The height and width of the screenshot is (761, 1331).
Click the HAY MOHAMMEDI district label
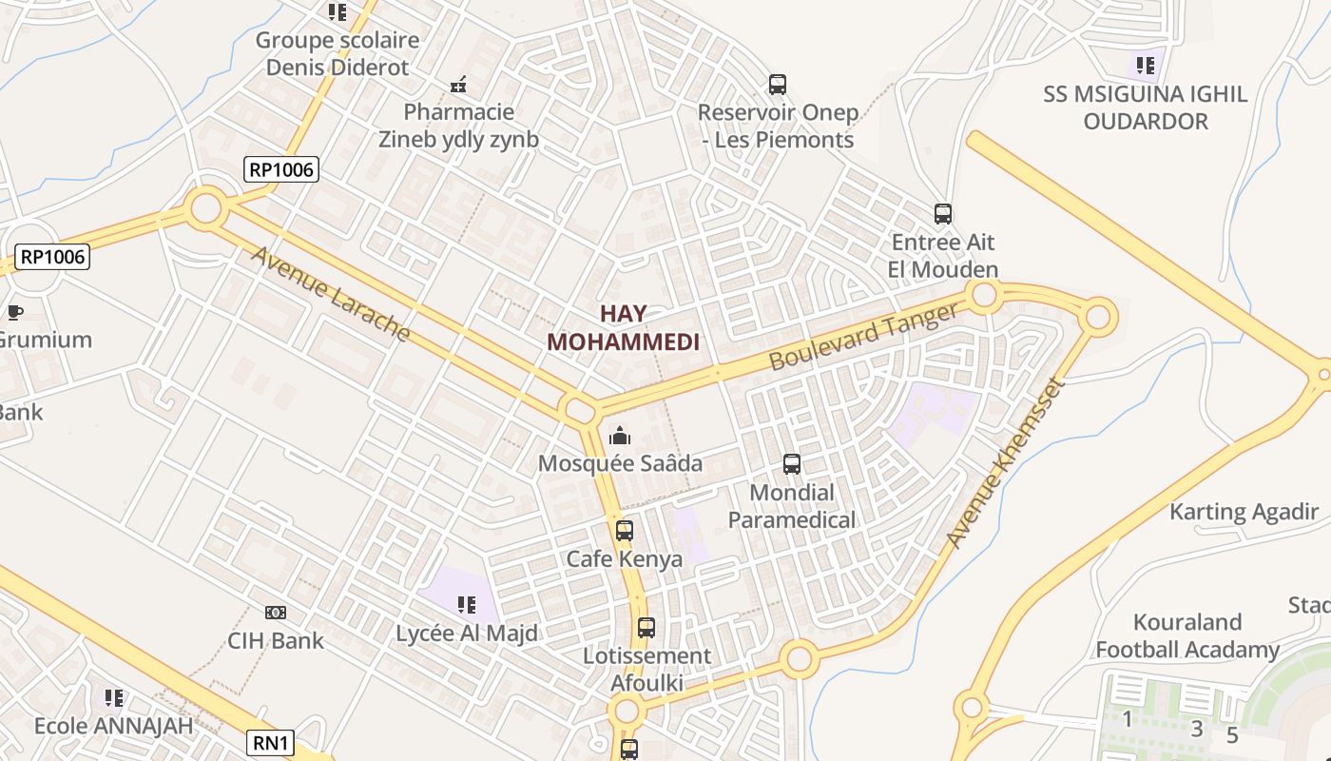point(623,328)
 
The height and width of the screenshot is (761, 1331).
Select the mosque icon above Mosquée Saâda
point(620,436)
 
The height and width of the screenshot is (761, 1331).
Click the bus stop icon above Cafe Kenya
point(625,531)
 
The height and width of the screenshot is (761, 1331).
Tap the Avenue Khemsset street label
point(1002,463)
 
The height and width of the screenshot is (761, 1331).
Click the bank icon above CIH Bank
point(276,613)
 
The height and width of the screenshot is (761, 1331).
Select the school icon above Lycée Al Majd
point(466,605)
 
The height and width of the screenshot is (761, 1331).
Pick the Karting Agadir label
point(1244,512)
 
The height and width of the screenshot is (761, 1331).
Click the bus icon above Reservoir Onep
point(778,85)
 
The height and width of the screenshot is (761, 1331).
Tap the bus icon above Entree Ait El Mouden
point(943,214)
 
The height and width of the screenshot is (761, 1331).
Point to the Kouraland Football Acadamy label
point(1187,636)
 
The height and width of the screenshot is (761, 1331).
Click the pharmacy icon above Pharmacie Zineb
point(458,86)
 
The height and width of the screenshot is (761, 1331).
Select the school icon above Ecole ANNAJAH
point(114,698)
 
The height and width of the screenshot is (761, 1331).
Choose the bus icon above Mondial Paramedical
point(792,464)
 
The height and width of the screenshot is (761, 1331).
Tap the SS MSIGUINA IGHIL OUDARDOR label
point(1145,107)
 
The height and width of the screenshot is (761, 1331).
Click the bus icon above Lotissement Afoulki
point(646,628)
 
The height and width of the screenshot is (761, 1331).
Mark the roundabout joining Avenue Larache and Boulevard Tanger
point(579,411)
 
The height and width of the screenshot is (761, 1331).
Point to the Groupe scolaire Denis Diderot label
point(338,53)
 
